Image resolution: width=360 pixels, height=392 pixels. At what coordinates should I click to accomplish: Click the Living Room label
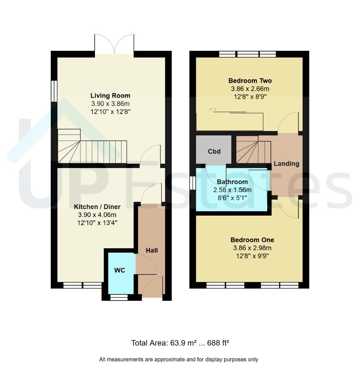(110, 95)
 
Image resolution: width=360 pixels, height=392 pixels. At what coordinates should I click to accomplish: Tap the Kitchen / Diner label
(97, 207)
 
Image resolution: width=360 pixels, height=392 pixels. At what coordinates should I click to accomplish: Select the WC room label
(120, 270)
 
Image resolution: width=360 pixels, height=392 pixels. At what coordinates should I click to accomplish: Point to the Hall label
(152, 250)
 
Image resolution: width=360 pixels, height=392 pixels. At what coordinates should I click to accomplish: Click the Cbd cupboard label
(214, 151)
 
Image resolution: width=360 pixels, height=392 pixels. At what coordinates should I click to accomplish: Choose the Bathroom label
(232, 182)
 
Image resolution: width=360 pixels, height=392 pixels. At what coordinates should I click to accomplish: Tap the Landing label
(286, 164)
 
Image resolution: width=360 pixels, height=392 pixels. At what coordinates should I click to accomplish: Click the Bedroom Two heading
(250, 81)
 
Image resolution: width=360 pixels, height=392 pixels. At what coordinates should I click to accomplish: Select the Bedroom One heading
(252, 240)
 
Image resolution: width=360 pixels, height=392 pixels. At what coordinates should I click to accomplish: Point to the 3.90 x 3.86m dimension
(110, 103)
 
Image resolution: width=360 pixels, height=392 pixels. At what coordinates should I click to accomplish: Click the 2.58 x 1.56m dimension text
(232, 190)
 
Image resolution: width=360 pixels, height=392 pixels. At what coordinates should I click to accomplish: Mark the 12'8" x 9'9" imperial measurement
(252, 256)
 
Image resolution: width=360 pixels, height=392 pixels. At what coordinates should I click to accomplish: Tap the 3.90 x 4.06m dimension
(97, 215)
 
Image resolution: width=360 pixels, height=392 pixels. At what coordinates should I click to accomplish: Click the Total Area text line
(180, 343)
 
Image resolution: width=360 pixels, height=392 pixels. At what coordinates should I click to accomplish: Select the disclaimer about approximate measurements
(178, 359)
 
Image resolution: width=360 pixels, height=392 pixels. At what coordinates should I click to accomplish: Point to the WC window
(119, 297)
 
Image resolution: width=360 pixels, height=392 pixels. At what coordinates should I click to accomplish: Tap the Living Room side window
(54, 91)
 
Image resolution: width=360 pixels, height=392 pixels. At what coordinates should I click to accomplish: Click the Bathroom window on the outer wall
(193, 183)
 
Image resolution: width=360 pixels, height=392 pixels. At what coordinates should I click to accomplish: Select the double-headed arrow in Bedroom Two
(213, 109)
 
